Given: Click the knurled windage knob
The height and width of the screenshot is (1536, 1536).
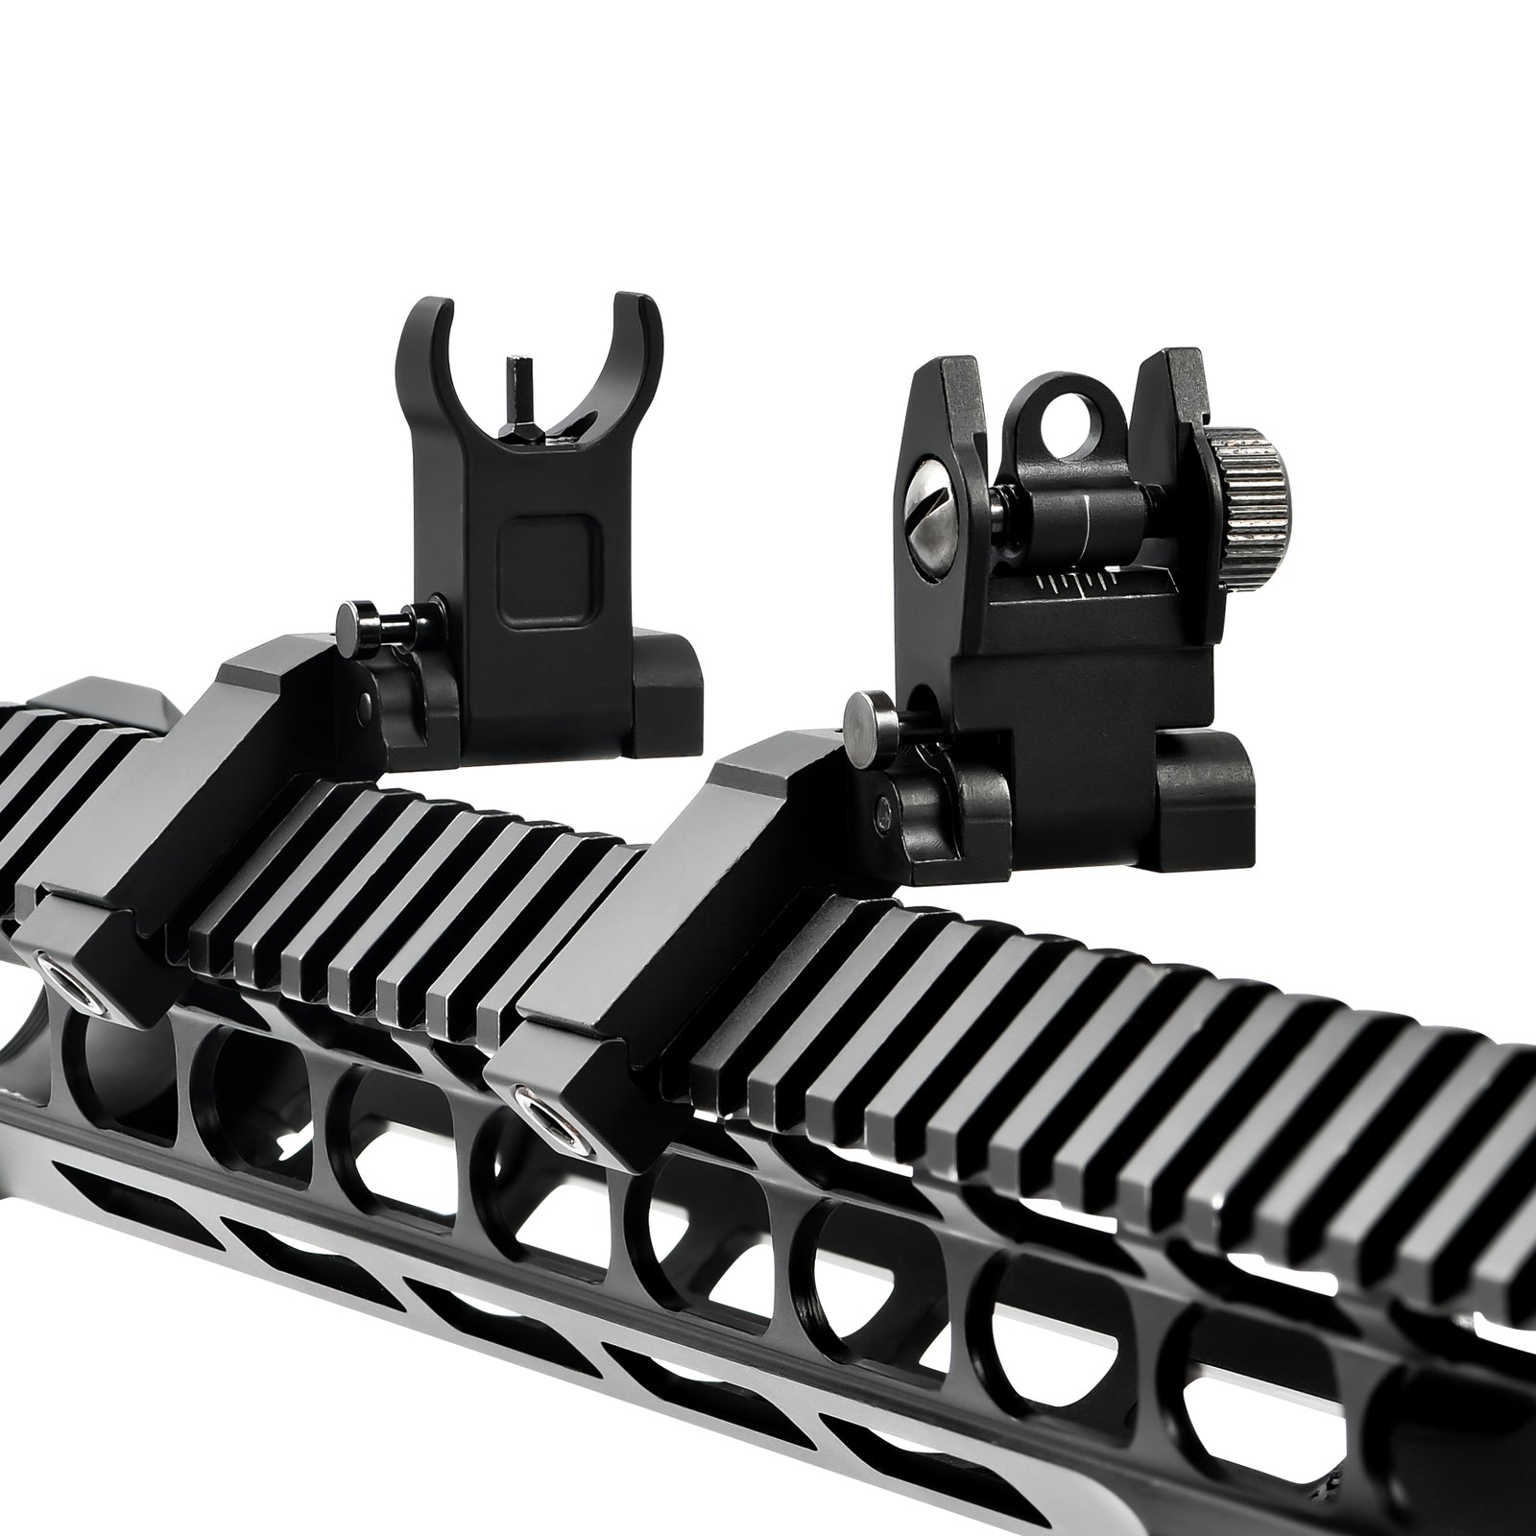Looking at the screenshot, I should click(1254, 474).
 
